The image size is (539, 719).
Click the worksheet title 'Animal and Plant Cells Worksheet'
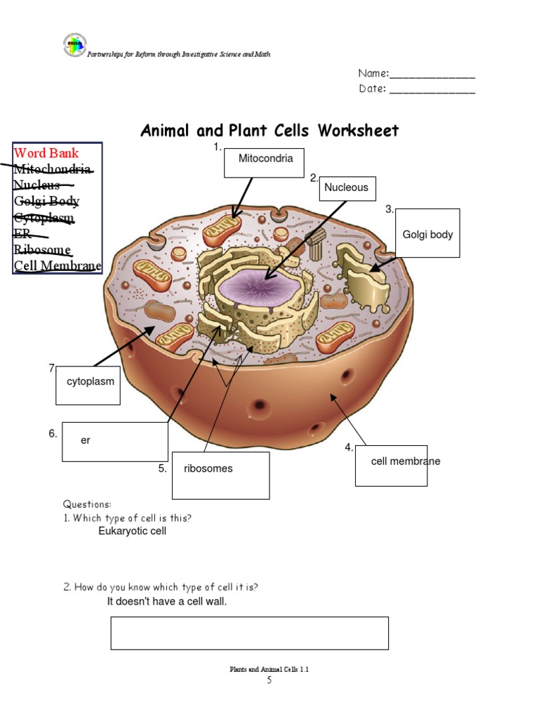point(269,131)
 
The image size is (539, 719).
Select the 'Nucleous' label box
point(346,188)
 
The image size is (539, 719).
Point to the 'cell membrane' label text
point(406,461)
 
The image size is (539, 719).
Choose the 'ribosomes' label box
point(220,475)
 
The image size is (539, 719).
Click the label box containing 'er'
point(114,441)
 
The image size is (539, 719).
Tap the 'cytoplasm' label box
point(88,382)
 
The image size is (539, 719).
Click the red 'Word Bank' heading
point(46,153)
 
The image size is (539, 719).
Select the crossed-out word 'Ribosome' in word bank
point(41,250)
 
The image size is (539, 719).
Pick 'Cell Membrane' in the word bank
point(58,266)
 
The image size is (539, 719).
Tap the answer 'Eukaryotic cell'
point(132,532)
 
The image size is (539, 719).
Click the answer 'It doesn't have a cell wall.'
point(167,602)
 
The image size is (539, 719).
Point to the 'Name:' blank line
point(432,74)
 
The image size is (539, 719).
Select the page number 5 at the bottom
point(269,680)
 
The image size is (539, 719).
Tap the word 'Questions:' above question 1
point(86,504)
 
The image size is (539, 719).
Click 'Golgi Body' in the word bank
point(46,202)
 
